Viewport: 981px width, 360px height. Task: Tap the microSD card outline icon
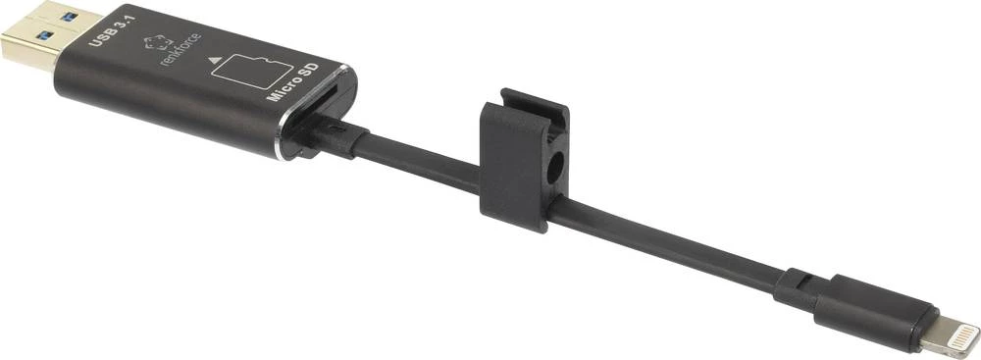(x=253, y=71)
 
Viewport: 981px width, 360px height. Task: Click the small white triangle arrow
(x=215, y=61)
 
